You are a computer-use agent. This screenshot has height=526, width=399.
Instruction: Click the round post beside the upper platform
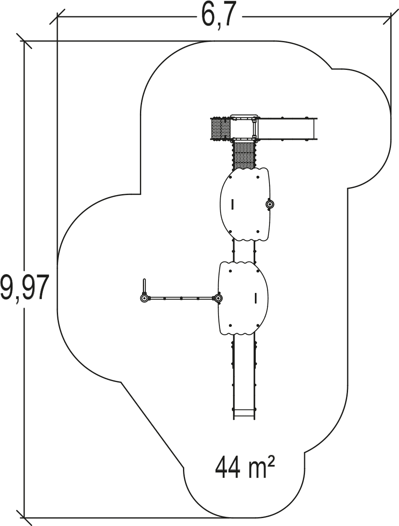tap(269, 204)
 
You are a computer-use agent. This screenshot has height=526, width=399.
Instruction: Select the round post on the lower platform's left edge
tap(218, 298)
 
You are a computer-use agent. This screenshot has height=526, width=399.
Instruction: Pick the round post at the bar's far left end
tap(144, 298)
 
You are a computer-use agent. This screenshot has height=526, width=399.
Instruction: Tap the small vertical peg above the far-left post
tap(144, 286)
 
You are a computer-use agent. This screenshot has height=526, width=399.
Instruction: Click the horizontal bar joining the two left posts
tap(181, 298)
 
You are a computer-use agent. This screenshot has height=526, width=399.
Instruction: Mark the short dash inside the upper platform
tap(233, 205)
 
